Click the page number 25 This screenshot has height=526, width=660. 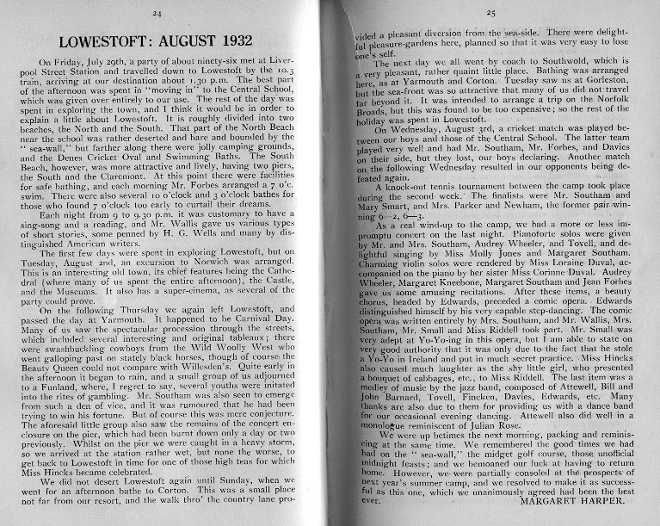(491, 13)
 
